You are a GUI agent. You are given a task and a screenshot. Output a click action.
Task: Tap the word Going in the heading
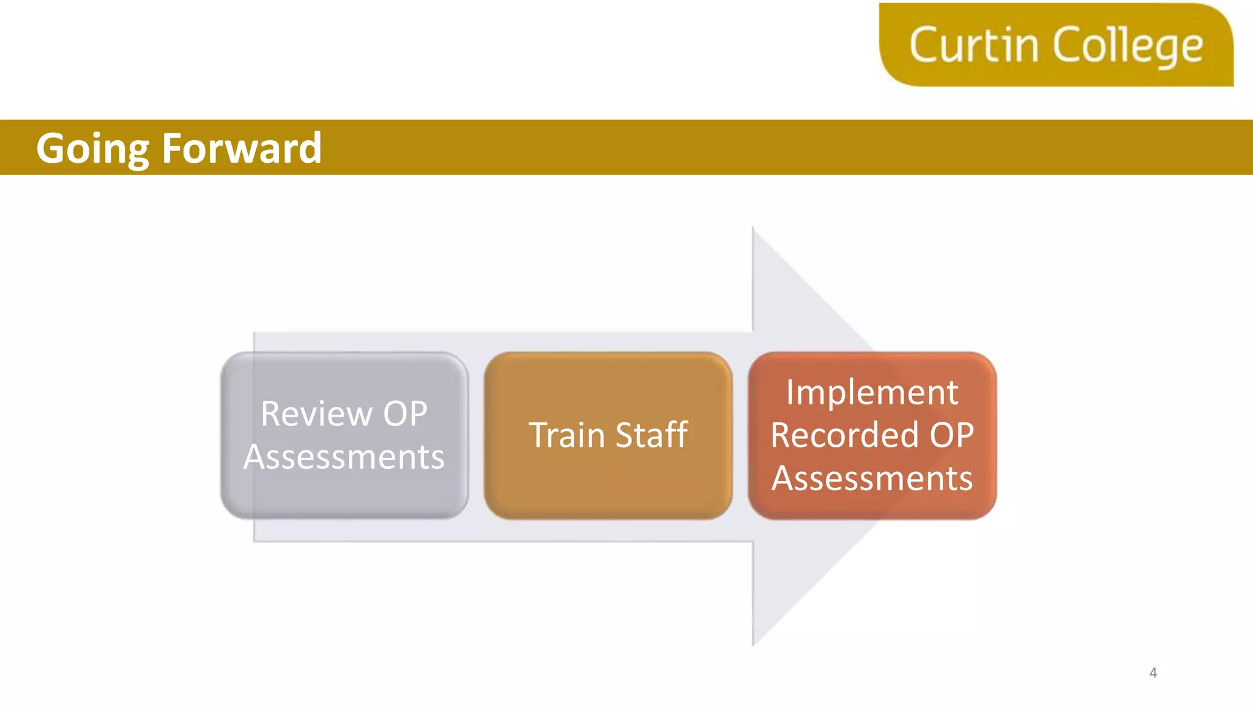[92, 149]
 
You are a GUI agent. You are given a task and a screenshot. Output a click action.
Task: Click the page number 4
[1153, 673]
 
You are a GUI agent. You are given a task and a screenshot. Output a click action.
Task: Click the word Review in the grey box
[316, 414]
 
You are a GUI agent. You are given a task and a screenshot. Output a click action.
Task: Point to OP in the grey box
[405, 414]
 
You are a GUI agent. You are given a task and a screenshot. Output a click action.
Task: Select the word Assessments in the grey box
[344, 457]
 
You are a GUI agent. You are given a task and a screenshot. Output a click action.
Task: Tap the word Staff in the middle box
[652, 435]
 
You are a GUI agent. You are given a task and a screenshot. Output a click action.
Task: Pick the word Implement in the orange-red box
[872, 392]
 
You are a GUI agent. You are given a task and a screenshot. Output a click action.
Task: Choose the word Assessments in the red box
[872, 479]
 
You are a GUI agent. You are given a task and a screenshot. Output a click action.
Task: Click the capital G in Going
[52, 148]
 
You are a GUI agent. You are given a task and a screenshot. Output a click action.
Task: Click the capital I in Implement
[790, 392]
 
